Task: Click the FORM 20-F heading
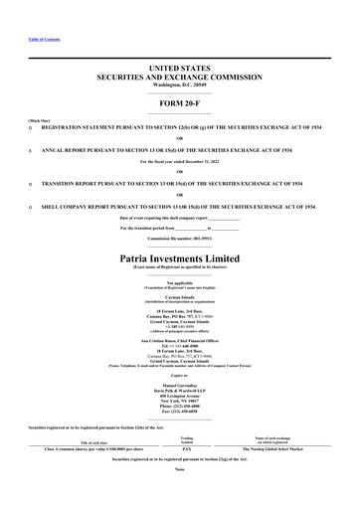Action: [179, 104]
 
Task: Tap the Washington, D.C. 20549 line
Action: [179, 84]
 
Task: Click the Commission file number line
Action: [179, 240]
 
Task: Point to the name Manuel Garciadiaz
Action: [179, 383]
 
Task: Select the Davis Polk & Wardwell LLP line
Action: [179, 389]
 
